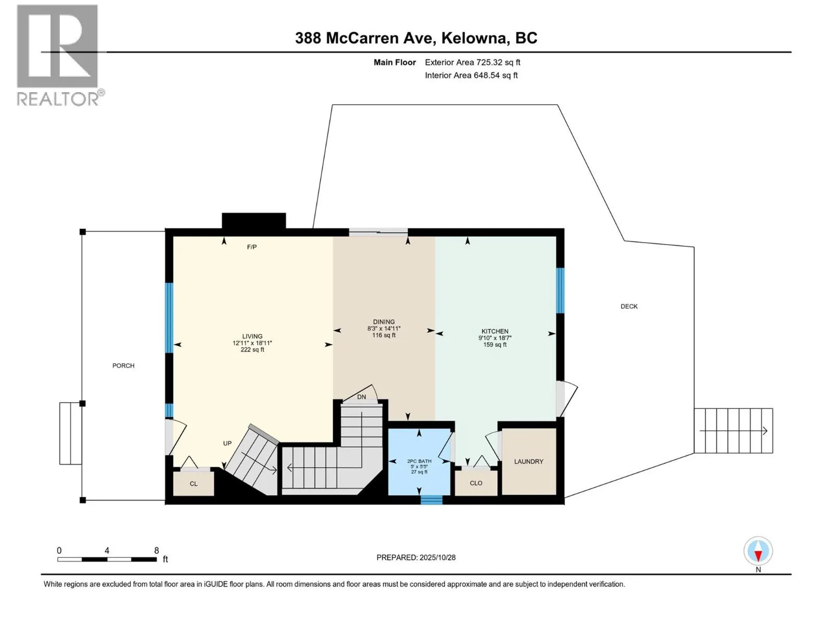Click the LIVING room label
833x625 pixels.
coord(252,336)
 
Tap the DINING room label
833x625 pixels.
coord(384,322)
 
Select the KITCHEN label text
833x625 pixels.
coord(495,331)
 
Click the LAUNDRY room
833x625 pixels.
coord(528,461)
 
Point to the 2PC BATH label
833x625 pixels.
coord(419,461)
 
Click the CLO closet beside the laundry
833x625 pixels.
coord(476,483)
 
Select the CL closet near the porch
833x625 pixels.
coord(194,484)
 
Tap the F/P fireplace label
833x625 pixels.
coord(252,247)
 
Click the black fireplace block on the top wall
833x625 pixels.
coord(254,221)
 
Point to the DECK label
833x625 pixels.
coord(629,306)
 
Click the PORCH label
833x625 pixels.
coord(123,366)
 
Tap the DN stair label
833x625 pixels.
coord(361,397)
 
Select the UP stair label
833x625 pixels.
coord(228,443)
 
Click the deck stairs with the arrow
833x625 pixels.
coord(733,431)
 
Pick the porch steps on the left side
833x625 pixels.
coord(70,433)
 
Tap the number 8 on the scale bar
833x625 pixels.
coord(156,551)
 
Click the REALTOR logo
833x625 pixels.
coord(58,55)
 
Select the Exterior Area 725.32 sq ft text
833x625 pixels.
coord(472,63)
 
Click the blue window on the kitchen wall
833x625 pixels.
coord(560,290)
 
